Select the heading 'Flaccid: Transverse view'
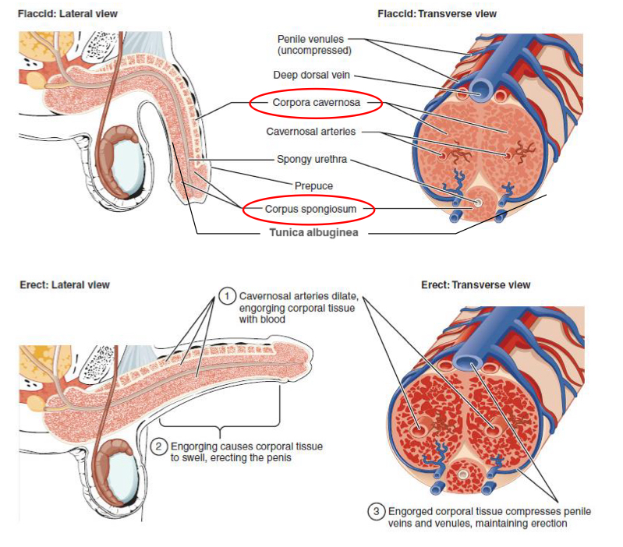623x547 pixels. [x=437, y=14]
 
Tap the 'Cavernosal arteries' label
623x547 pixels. [x=311, y=132]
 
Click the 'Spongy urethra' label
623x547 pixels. [x=311, y=160]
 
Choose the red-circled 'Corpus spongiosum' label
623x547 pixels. [x=310, y=209]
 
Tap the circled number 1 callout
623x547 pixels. [x=227, y=296]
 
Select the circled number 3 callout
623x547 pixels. [x=377, y=511]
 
